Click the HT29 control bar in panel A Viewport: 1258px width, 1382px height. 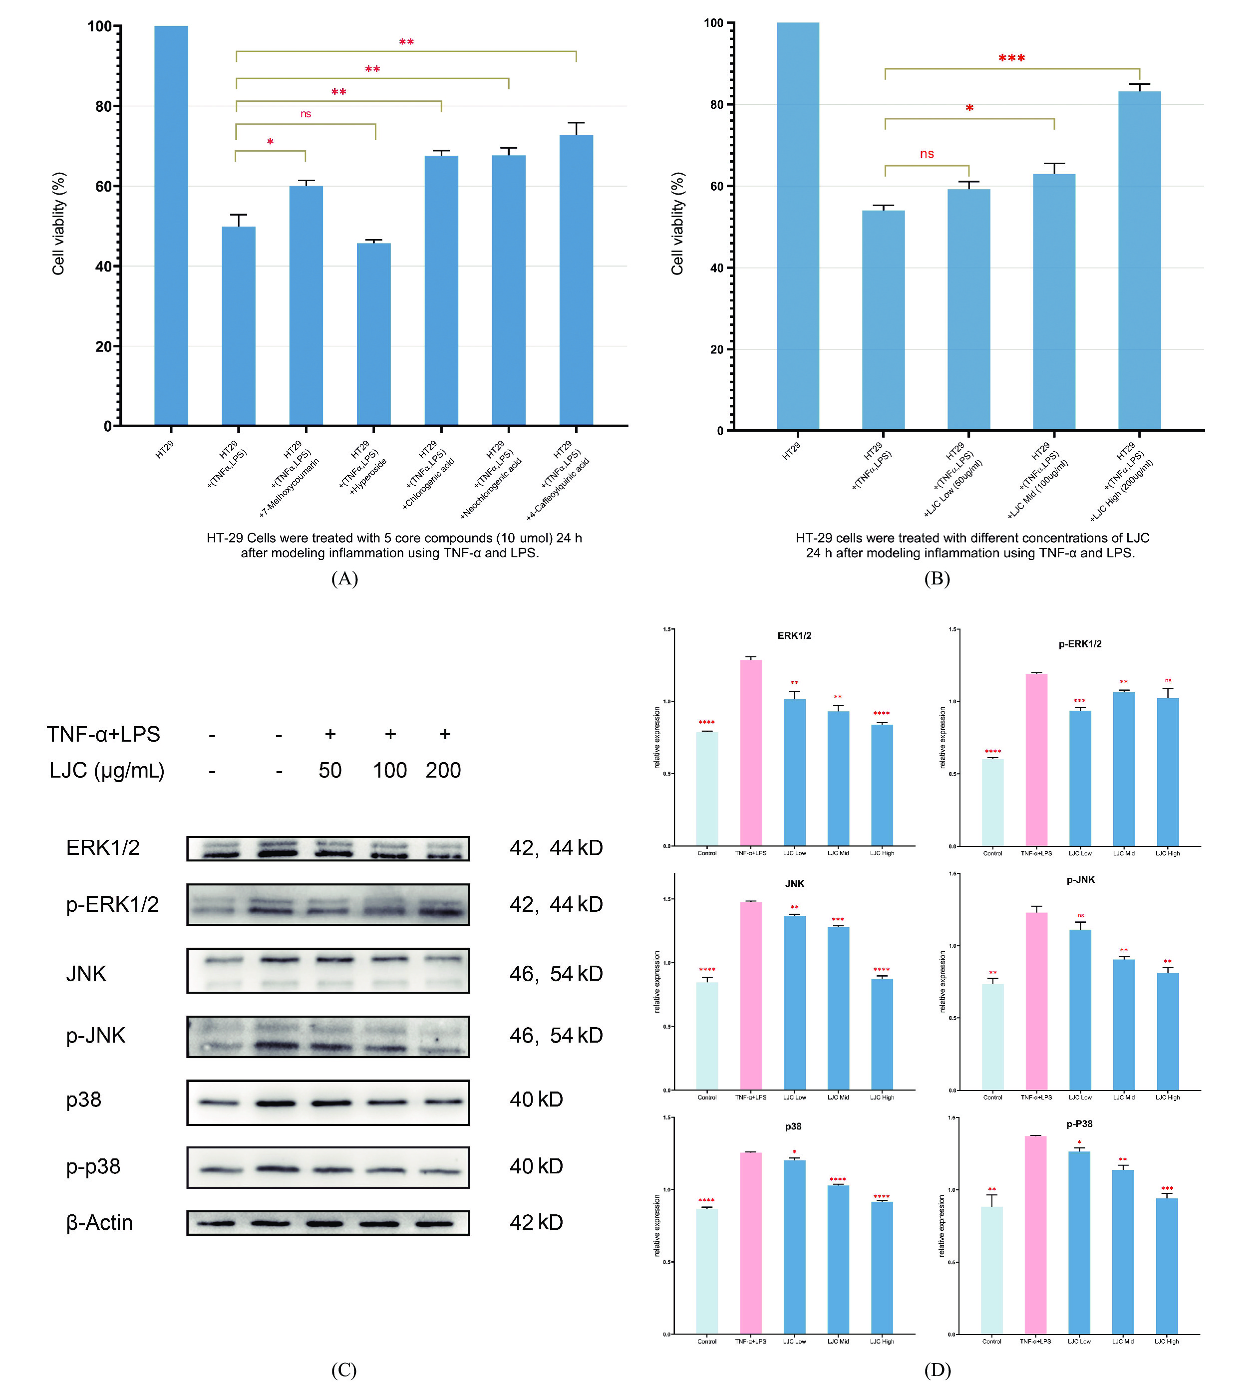[171, 226]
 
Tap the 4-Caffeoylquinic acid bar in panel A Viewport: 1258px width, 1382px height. [576, 281]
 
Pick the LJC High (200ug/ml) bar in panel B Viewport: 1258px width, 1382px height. [1139, 261]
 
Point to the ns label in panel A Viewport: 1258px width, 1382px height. [306, 114]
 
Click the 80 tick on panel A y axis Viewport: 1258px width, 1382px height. [103, 106]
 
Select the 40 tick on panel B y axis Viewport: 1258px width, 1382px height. [716, 268]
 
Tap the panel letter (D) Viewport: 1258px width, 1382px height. [937, 1370]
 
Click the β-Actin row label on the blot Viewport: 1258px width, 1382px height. [99, 1222]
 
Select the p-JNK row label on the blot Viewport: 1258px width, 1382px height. [95, 1035]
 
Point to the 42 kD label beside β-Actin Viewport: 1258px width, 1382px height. [536, 1222]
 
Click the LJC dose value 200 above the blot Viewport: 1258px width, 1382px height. [443, 771]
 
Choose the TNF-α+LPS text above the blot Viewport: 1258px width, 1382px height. [103, 734]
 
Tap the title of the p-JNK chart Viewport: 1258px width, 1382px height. [1080, 879]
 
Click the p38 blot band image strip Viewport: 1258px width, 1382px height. [327, 1103]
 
